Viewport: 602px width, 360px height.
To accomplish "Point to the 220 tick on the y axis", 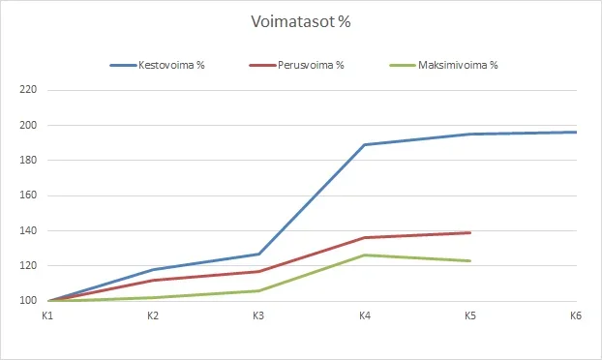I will [27, 90].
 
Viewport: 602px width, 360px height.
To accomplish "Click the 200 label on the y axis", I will [27, 125].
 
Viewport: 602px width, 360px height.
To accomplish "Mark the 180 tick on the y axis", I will [27, 161].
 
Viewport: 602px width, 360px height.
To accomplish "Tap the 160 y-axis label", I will [27, 195].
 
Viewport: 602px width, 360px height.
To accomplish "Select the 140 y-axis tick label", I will [27, 231].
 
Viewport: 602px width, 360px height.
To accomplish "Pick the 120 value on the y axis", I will [27, 266].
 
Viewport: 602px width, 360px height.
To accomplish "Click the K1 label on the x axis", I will [48, 315].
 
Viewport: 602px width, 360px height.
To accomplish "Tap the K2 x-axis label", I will [153, 315].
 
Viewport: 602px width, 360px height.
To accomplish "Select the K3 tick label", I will [258, 315].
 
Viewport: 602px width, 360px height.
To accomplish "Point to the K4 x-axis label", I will [364, 315].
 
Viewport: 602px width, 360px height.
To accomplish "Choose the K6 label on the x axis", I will [575, 315].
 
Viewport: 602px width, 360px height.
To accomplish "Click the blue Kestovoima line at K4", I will [365, 144].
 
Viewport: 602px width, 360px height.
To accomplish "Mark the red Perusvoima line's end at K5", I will [470, 232].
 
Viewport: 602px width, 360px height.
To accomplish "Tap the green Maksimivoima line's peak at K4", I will [365, 255].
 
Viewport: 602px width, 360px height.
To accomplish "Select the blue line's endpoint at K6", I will [576, 133].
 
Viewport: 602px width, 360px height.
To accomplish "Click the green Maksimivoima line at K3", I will [259, 290].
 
